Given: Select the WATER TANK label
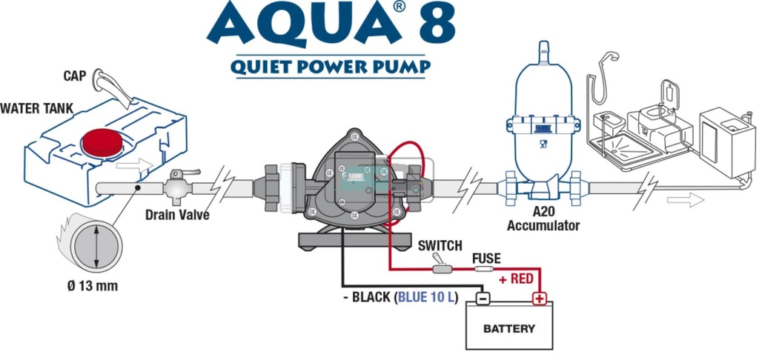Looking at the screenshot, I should [36, 109].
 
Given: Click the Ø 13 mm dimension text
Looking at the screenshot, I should [92, 286].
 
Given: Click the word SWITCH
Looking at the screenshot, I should [440, 245].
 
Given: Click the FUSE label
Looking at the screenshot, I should [486, 259].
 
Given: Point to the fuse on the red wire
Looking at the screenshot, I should [485, 270].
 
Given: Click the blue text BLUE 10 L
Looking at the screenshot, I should [428, 298].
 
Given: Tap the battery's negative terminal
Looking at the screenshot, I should [481, 299].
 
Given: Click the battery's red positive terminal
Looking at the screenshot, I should [539, 299].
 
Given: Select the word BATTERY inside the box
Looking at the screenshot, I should [509, 328].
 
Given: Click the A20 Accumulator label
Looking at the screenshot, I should [543, 220].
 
